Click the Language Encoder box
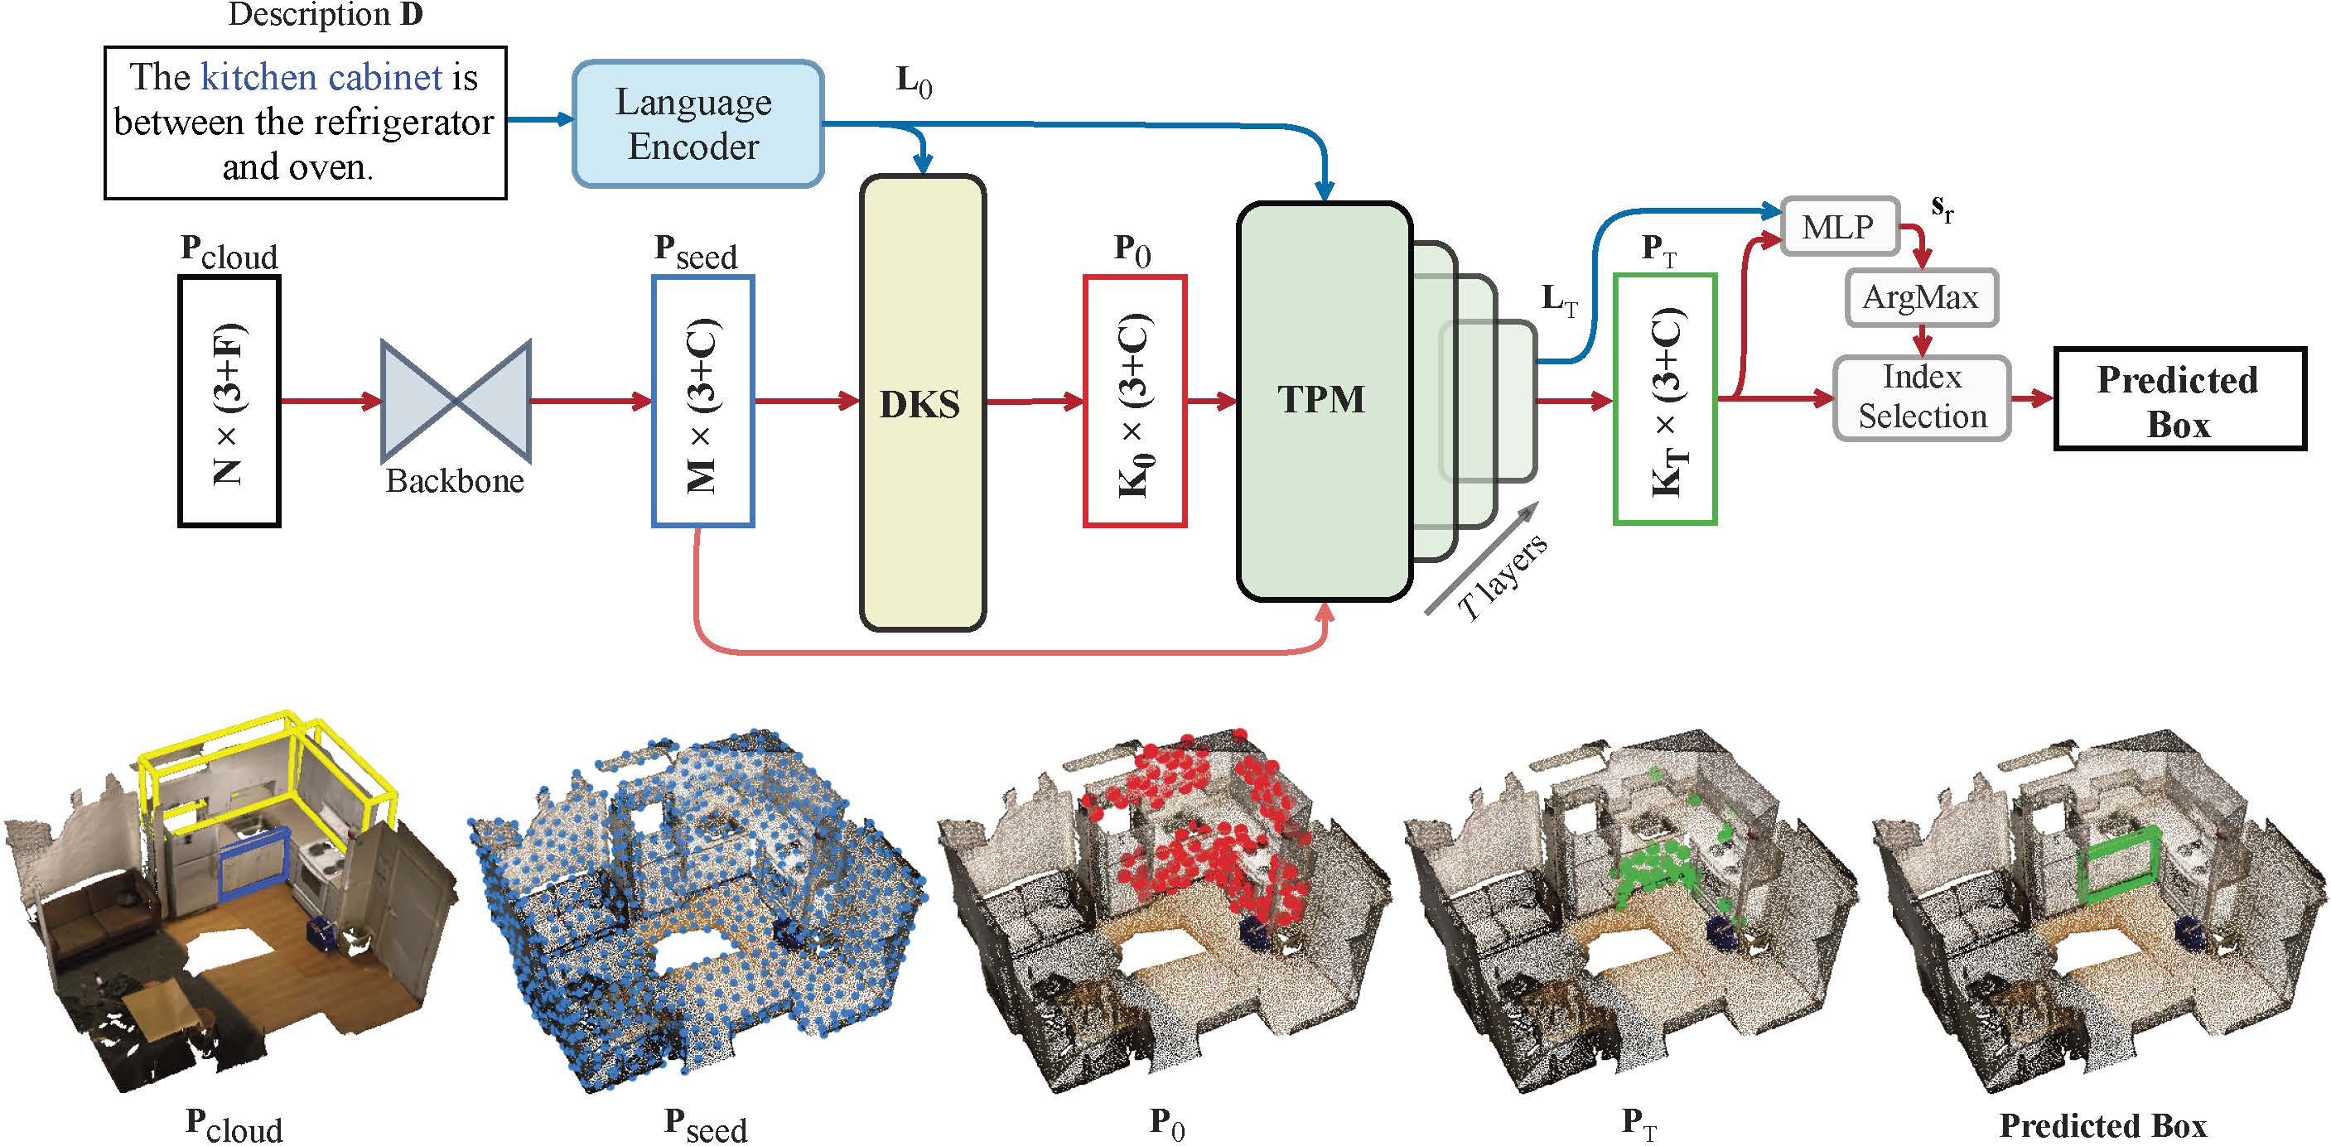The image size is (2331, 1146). click(697, 124)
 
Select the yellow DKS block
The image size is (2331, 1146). click(921, 402)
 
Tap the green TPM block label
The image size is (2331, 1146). click(1321, 400)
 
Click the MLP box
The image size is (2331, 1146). click(1838, 226)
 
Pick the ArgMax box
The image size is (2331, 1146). click(1921, 296)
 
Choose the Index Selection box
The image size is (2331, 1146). click(1922, 398)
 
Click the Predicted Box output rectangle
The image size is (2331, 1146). click(2178, 399)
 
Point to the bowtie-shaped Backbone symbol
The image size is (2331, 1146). click(455, 400)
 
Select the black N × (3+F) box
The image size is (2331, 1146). click(229, 401)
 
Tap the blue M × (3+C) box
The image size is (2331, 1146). click(702, 401)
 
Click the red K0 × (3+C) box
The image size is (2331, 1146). click(1135, 401)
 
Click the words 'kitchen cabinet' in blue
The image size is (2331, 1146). click(321, 78)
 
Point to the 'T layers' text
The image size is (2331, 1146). click(1503, 577)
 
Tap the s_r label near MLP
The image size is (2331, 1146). click(1942, 209)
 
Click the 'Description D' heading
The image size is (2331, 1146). click(326, 16)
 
